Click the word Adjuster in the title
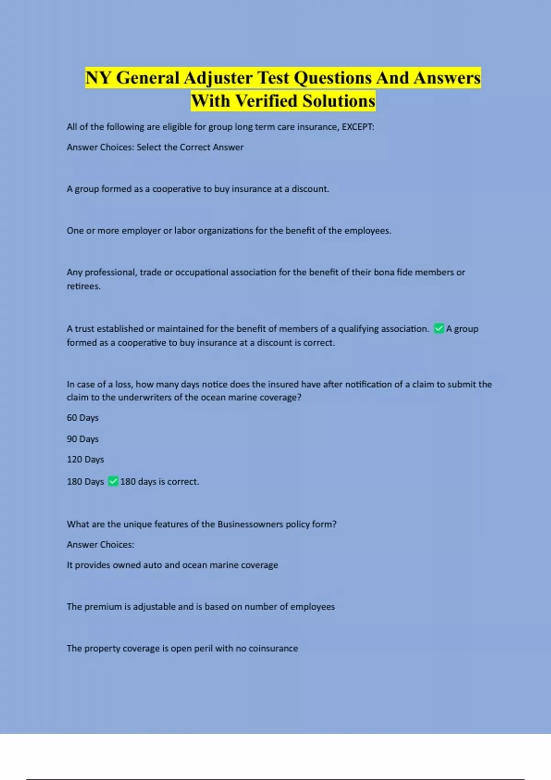click(218, 78)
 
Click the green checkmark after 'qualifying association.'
click(439, 329)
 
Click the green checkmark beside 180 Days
click(113, 481)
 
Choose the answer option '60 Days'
click(83, 418)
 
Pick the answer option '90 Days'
click(83, 439)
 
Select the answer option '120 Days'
click(85, 460)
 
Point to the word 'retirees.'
click(84, 286)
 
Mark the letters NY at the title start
click(98, 78)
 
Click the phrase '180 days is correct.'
click(160, 482)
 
